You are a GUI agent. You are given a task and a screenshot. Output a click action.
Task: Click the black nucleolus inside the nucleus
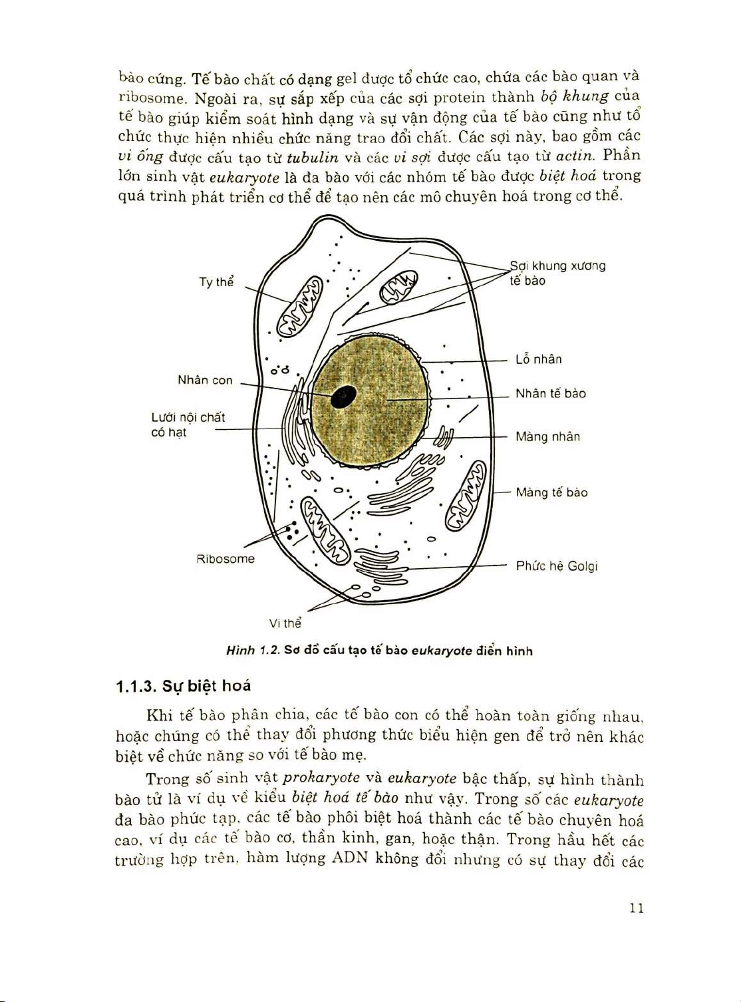[343, 397]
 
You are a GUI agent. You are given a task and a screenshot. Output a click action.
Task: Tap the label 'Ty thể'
[216, 282]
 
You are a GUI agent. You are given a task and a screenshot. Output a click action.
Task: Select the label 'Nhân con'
[205, 381]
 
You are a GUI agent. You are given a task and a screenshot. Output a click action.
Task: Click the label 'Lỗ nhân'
[539, 360]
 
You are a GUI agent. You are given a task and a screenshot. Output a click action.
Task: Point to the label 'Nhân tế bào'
[551, 394]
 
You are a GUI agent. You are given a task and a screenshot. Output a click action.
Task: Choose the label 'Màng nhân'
[547, 437]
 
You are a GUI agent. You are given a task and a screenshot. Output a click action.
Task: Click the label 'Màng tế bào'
[551, 493]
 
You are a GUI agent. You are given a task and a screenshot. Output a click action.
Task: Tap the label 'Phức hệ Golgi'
[557, 566]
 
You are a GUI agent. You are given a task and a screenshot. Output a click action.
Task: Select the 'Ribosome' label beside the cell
[225, 559]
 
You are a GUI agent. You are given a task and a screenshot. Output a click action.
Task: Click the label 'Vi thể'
[285, 623]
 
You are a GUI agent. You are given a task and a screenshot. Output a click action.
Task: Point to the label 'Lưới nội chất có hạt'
[188, 425]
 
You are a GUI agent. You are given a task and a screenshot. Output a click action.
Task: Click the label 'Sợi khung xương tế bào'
[557, 273]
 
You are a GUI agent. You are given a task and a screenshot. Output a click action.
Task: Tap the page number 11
[636, 908]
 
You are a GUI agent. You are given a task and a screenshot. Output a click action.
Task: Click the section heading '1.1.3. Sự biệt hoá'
[183, 686]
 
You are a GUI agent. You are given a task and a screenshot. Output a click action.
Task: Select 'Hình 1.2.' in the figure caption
[252, 651]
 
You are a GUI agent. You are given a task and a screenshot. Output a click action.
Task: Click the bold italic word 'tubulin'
[313, 158]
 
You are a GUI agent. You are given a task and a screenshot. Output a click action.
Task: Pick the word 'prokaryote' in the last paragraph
[321, 778]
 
